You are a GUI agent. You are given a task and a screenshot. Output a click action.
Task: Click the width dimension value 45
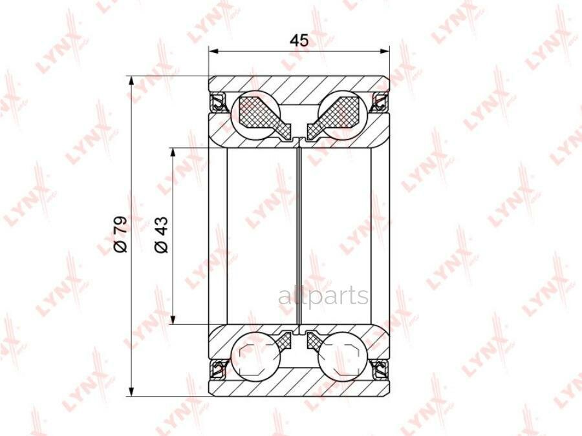pyautogui.click(x=299, y=40)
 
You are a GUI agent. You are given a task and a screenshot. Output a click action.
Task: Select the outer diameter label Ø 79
pyautogui.click(x=121, y=234)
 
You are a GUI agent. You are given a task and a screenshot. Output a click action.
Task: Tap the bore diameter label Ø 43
pyautogui.click(x=162, y=234)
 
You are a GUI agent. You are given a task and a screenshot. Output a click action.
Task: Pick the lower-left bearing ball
pyautogui.click(x=255, y=355)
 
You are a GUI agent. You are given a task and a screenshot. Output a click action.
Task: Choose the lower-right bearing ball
pyautogui.click(x=343, y=355)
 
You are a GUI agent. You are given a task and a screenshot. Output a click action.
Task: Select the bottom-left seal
pyautogui.click(x=218, y=368)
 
